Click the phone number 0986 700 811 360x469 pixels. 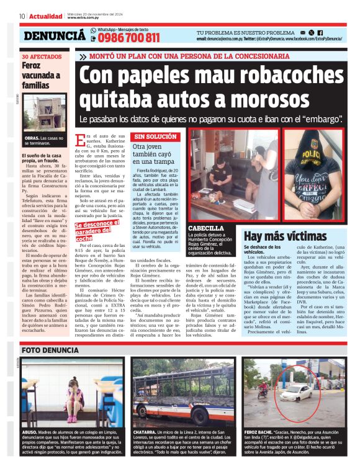point(128,38)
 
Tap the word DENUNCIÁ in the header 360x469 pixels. point(53,36)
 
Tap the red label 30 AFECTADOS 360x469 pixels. point(40,56)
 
